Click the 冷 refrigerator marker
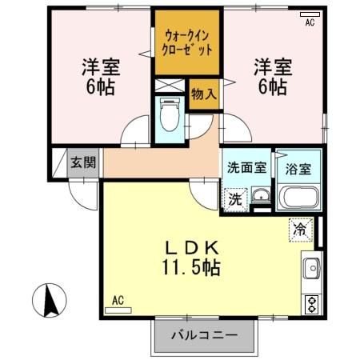click(x=300, y=228)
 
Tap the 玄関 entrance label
click(x=82, y=162)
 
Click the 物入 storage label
click(x=203, y=94)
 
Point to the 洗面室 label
click(x=247, y=168)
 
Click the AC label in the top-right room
click(x=310, y=23)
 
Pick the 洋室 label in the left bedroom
click(x=98, y=66)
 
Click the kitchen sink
click(x=310, y=268)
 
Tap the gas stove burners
click(x=310, y=303)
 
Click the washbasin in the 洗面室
click(x=259, y=197)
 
